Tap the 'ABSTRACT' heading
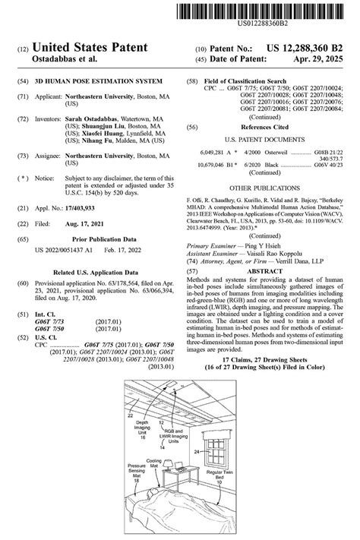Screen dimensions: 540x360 click(266, 270)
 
